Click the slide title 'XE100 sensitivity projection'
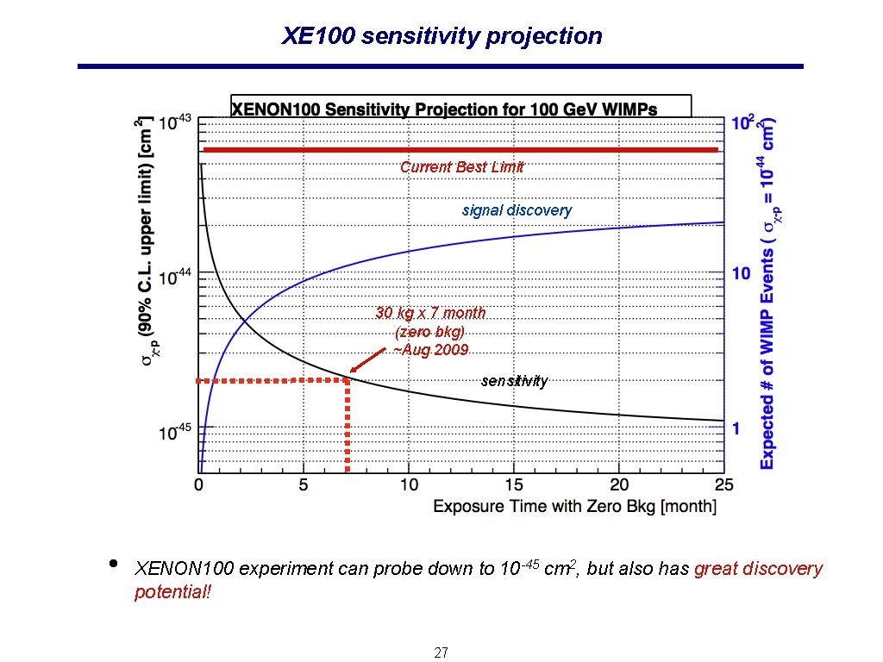[x=441, y=36]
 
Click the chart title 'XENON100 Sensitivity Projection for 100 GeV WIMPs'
[x=444, y=109]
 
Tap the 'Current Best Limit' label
[x=461, y=167]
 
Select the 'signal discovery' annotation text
[x=517, y=210]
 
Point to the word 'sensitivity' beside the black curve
[x=514, y=381]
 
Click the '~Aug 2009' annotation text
[x=430, y=350]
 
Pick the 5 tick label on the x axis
[x=304, y=485]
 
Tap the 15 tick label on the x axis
[x=513, y=485]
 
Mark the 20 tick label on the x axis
[x=618, y=485]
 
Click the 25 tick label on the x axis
[x=723, y=485]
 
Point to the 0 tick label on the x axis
[x=199, y=485]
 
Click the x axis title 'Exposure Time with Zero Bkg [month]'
[x=574, y=506]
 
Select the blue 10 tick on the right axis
[x=741, y=274]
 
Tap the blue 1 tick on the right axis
[x=736, y=428]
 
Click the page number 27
[x=441, y=653]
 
